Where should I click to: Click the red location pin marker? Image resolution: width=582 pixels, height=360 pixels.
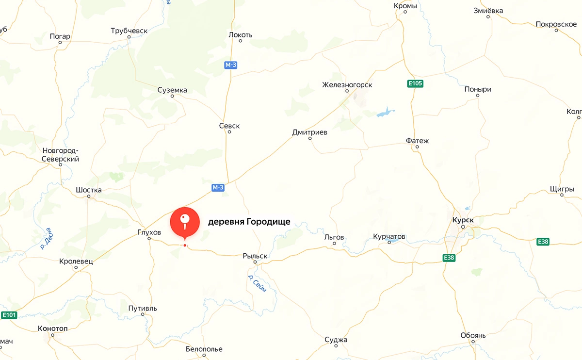point(185,222)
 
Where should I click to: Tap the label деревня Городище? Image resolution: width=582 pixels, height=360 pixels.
point(249,222)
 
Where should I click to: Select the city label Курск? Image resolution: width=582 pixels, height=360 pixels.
point(463,219)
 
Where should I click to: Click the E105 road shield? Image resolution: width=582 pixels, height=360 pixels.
point(415,84)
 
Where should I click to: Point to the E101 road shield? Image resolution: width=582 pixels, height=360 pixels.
point(9,315)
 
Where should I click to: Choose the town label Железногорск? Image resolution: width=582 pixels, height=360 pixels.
point(347,85)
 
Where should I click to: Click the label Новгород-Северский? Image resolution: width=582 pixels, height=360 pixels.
point(60,155)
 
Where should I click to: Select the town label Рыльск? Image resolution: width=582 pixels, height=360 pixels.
point(255,256)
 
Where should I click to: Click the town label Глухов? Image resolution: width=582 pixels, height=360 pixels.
point(149,232)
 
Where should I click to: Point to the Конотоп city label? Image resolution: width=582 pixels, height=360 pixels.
point(52,328)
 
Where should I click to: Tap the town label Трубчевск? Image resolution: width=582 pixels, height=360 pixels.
point(129,31)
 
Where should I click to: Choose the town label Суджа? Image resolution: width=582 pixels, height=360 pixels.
point(336,340)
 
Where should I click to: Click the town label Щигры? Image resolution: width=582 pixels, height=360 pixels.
point(562,189)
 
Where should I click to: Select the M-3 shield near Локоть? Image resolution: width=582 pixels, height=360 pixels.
point(231,65)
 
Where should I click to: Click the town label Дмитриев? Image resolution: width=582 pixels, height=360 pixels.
point(310,132)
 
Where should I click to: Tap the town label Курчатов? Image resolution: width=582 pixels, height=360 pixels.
point(389,237)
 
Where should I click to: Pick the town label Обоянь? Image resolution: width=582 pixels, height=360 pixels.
point(473,336)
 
